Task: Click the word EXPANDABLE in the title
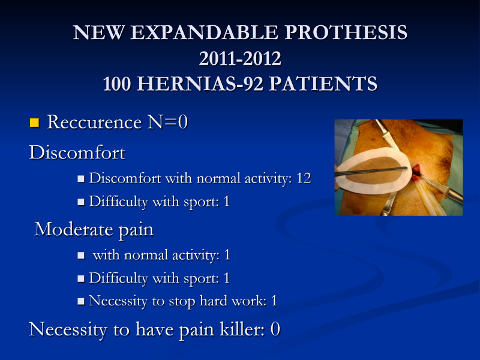coord(205,32)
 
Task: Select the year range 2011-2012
coord(240,58)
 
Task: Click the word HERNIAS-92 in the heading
coord(200,83)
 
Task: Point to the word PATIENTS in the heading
coord(323,83)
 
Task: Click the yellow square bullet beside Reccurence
coord(35,122)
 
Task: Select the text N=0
coord(167,122)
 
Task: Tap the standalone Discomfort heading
coord(77,152)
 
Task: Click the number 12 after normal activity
coord(304,178)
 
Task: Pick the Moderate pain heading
coord(94,229)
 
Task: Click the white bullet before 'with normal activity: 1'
coord(81,256)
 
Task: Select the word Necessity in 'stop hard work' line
coord(118,301)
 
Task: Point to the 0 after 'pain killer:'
coord(275,329)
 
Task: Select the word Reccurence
coord(94,122)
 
